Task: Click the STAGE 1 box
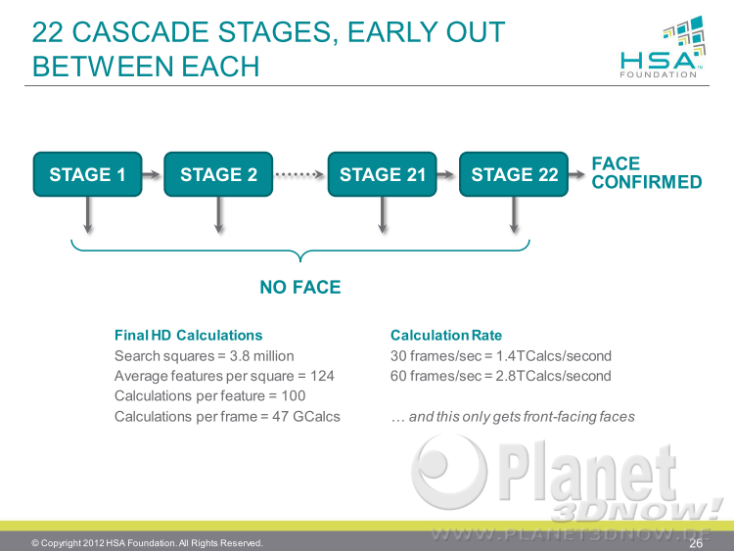[x=87, y=174]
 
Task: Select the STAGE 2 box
[x=218, y=174]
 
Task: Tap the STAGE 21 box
[x=382, y=174]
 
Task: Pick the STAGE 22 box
[x=514, y=174]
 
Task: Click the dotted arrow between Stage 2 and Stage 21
[x=299, y=174]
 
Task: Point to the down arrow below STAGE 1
[x=87, y=215]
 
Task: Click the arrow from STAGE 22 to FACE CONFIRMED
[x=576, y=174]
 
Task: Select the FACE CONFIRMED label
[x=647, y=173]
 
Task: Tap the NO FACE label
[x=300, y=287]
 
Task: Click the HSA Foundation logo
[x=662, y=47]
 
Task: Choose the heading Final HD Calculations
[x=188, y=335]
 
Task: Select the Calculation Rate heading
[x=446, y=335]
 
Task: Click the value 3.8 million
[x=261, y=356]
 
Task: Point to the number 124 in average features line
[x=322, y=376]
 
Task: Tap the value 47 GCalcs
[x=306, y=416]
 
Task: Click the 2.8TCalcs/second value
[x=553, y=376]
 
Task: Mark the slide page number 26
[x=696, y=543]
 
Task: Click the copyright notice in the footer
[x=147, y=543]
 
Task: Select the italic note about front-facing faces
[x=513, y=417]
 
